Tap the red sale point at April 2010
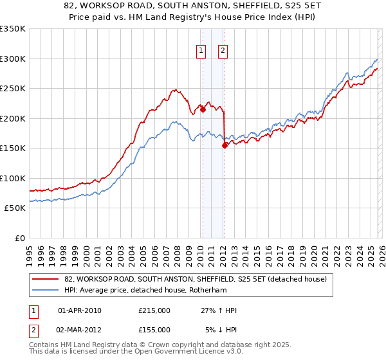coord(203,109)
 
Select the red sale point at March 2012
coord(225,145)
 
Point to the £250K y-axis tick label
coord(12,89)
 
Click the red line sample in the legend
coord(45,280)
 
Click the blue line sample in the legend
coord(45,291)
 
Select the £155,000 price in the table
coord(154,329)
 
